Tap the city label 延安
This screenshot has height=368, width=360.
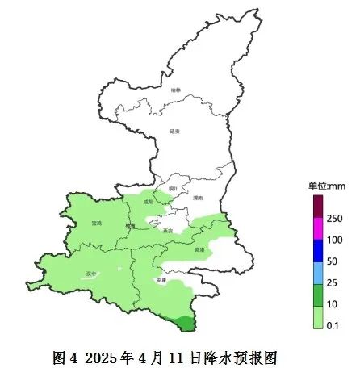coord(175,131)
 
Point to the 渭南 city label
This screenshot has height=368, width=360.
coord(198,198)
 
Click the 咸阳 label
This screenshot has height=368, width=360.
coord(148,203)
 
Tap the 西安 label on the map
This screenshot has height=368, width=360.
coord(167,231)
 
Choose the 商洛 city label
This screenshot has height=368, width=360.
coord(199,250)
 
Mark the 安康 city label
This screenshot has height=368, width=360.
coord(161,280)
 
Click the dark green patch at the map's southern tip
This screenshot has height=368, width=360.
coord(185,323)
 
